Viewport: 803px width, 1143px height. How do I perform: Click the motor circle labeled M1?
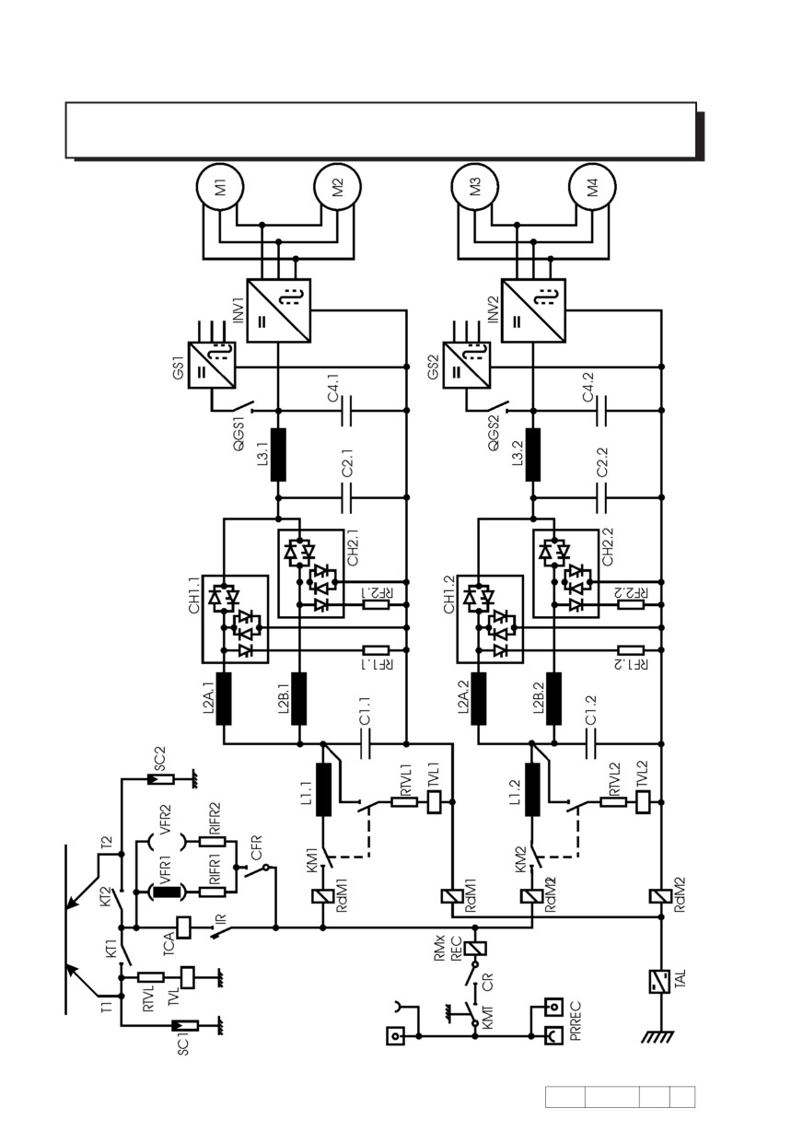pyautogui.click(x=220, y=186)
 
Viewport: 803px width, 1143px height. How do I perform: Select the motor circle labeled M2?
pyautogui.click(x=337, y=186)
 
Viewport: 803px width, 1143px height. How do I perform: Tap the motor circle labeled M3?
pyautogui.click(x=475, y=186)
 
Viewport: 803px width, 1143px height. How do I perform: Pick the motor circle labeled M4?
pyautogui.click(x=592, y=186)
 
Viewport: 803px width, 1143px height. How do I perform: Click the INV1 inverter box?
pyautogui.click(x=278, y=310)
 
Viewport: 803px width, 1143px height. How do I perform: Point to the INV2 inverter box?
pyautogui.click(x=533, y=310)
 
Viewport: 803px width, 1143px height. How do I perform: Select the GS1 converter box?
pyautogui.click(x=212, y=365)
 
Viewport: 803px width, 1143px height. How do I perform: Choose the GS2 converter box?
pyautogui.click(x=467, y=365)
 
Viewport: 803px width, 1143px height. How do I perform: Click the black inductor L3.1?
pyautogui.click(x=278, y=454)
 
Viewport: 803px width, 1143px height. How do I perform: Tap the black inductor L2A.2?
pyautogui.click(x=479, y=698)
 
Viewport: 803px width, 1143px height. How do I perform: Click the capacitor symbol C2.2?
pyautogui.click(x=601, y=497)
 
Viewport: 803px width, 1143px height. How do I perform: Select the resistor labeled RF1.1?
pyautogui.click(x=376, y=650)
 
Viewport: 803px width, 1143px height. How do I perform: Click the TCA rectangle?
pyautogui.click(x=183, y=927)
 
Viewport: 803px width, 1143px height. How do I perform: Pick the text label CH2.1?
pyautogui.click(x=353, y=547)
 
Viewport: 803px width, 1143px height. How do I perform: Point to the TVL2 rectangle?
pyautogui.click(x=644, y=802)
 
